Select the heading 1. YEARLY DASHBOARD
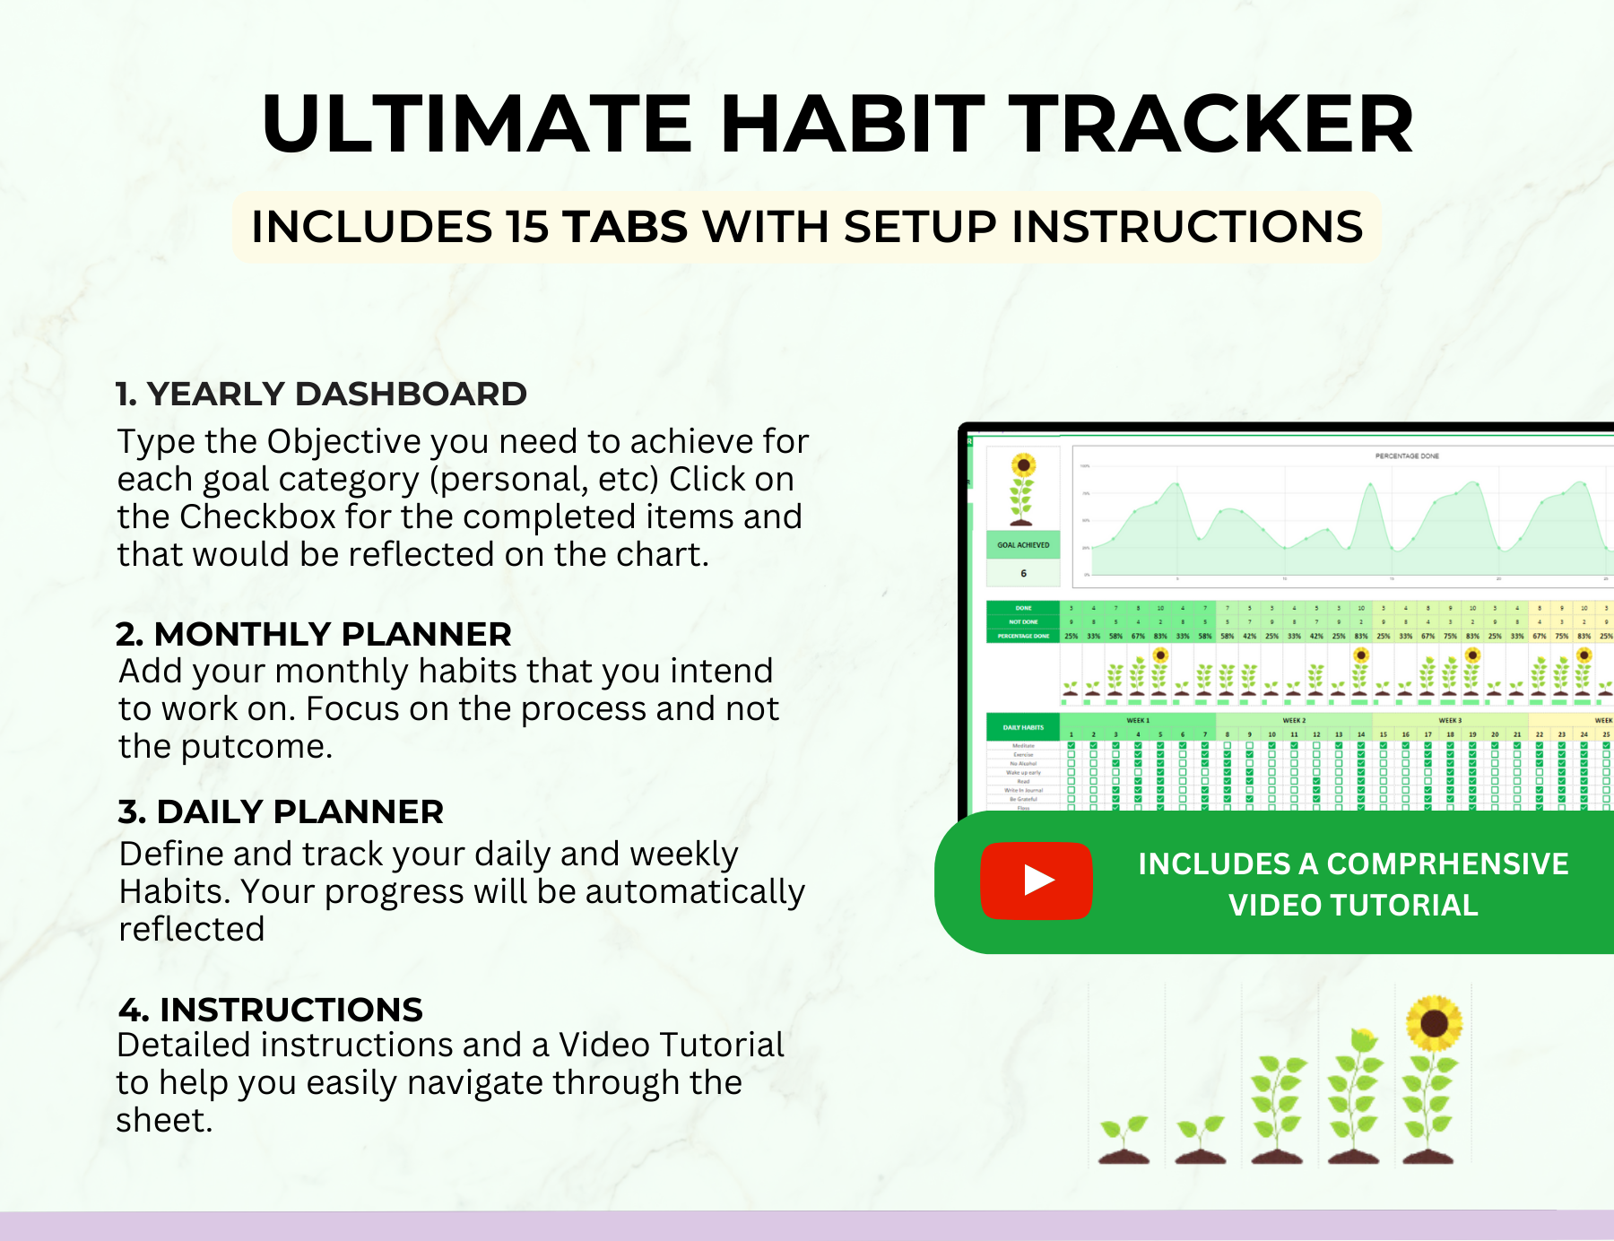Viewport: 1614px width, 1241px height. [x=321, y=394]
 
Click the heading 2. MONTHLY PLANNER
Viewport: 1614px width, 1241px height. [x=314, y=634]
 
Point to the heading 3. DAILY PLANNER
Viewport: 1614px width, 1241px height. [x=281, y=811]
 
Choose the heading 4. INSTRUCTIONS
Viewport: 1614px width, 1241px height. [x=270, y=1010]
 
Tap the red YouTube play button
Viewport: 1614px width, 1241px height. [x=1037, y=881]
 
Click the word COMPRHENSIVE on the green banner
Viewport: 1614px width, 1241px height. [x=1447, y=863]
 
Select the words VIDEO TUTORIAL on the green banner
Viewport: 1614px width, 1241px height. [x=1353, y=905]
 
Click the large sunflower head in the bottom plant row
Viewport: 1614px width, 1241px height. [x=1434, y=1023]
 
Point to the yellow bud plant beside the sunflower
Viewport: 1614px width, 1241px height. [x=1357, y=1098]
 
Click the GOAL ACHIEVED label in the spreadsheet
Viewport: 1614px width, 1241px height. [x=1023, y=545]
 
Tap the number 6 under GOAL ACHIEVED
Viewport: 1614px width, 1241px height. [x=1023, y=573]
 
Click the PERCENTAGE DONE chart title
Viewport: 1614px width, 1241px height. [x=1406, y=456]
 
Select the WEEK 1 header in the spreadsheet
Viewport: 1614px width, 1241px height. [x=1137, y=720]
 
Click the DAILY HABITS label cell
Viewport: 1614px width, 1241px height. [x=1023, y=727]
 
